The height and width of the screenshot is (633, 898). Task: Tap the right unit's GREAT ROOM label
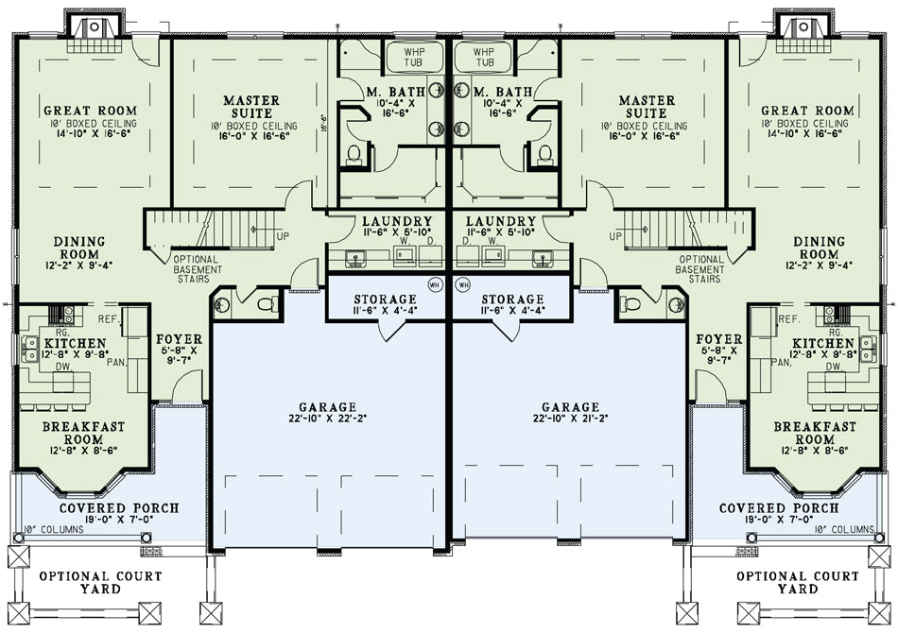click(807, 111)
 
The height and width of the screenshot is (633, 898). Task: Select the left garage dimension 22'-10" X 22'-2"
click(328, 419)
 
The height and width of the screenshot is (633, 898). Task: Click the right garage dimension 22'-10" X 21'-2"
click(570, 419)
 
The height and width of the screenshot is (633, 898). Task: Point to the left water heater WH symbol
click(435, 283)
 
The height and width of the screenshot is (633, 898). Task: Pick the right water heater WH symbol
click(463, 283)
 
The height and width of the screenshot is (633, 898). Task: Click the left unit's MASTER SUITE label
click(251, 107)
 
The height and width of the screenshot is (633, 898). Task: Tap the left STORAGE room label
click(385, 299)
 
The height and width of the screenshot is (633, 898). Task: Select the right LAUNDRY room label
click(501, 221)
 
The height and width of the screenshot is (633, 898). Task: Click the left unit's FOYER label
click(180, 339)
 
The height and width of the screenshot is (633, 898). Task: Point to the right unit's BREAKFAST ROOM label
click(815, 434)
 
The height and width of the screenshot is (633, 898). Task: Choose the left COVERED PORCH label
click(119, 508)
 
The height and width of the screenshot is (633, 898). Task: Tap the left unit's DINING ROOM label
click(79, 248)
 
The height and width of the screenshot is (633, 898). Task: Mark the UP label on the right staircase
click(615, 236)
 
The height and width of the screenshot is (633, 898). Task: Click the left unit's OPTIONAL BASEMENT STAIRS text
click(198, 269)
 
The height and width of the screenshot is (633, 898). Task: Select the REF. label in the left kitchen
click(109, 318)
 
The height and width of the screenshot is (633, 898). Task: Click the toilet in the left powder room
click(267, 304)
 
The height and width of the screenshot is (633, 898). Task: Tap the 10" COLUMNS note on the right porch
click(844, 530)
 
